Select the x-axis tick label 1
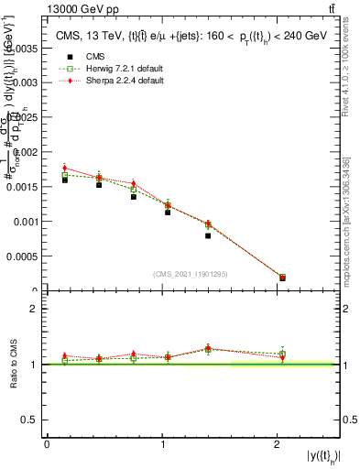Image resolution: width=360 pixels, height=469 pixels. tap(162, 444)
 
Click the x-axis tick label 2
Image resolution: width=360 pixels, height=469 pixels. tap(278, 444)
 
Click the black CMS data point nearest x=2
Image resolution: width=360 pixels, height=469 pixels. tap(282, 278)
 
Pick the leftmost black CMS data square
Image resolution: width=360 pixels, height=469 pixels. tap(65, 180)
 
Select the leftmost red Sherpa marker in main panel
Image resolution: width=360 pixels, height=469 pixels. tap(65, 169)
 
